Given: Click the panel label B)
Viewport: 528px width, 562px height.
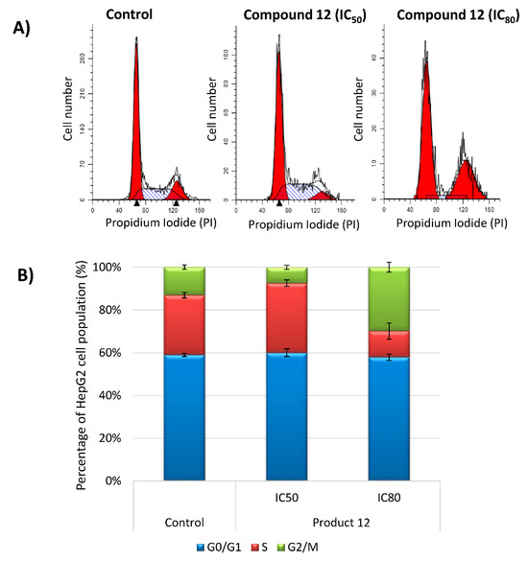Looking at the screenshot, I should point(22,276).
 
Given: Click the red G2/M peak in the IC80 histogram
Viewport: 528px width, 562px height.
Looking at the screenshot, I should point(465,182).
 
